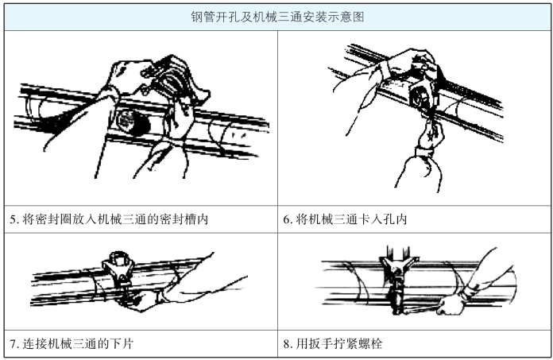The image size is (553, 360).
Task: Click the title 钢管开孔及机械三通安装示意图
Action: pyautogui.click(x=277, y=17)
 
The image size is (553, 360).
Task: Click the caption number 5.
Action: pyautogui.click(x=14, y=219)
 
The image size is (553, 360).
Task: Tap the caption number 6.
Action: pyautogui.click(x=288, y=219)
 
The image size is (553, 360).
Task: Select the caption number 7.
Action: pyautogui.click(x=14, y=344)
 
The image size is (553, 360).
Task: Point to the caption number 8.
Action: pyautogui.click(x=288, y=344)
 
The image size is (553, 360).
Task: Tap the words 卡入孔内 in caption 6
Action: pyautogui.click(x=382, y=219)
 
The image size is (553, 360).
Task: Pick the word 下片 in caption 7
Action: pyautogui.click(x=121, y=343)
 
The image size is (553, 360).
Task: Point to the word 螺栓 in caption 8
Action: pyautogui.click(x=370, y=343)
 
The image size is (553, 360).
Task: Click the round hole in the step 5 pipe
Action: pyautogui.click(x=130, y=122)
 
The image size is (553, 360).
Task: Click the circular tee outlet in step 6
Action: pyautogui.click(x=420, y=97)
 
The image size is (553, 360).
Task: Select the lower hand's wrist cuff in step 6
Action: pyautogui.click(x=424, y=153)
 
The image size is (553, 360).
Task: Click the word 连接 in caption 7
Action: pyautogui.click(x=35, y=343)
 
